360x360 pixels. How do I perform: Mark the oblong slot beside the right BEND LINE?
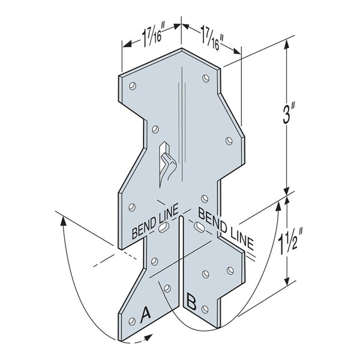[x=199, y=227]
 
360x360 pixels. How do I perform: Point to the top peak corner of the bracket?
[x=183, y=50]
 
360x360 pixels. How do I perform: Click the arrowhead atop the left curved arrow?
[x=63, y=220]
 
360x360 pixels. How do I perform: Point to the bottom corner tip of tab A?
[x=124, y=343]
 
